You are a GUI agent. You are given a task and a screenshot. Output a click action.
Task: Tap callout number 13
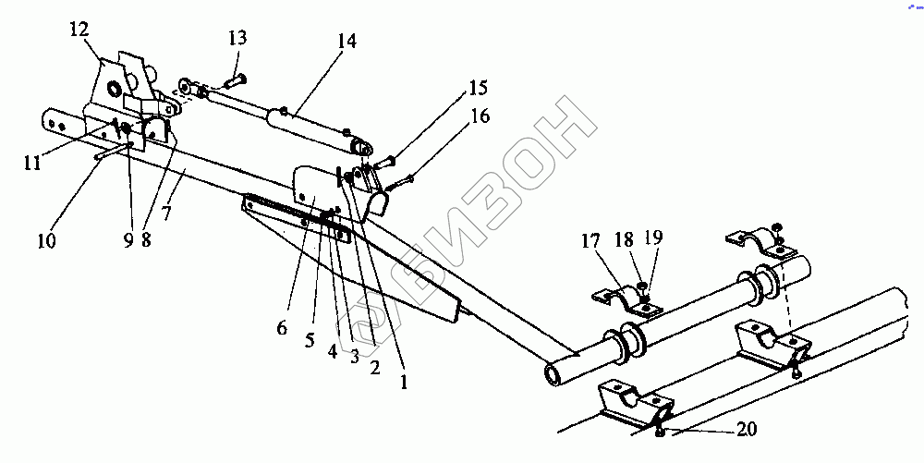pos(237,38)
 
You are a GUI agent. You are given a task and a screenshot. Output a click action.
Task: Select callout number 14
pos(347,42)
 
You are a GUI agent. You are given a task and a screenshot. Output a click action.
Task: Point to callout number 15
pos(478,89)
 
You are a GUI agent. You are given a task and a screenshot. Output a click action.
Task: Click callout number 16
pos(480,116)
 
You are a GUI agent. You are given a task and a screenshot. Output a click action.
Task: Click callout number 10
pos(46,242)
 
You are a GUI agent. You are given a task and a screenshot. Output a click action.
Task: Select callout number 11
pos(34,163)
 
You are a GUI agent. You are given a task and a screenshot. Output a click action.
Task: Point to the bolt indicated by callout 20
pos(659,431)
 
